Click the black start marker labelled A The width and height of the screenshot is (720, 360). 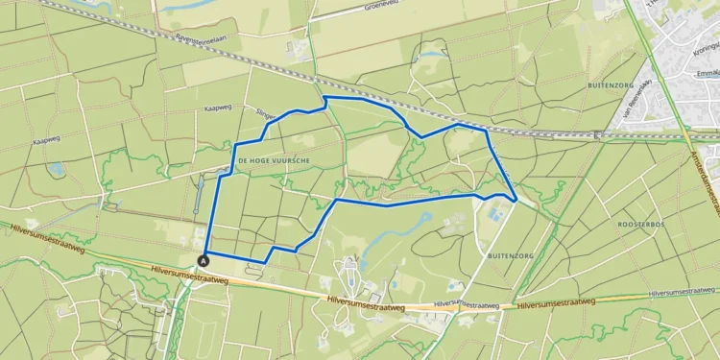coord(204,259)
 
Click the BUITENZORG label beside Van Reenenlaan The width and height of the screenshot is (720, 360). coord(607,86)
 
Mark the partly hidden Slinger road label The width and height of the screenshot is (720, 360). coord(265,114)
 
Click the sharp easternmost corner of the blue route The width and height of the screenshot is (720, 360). coord(517,200)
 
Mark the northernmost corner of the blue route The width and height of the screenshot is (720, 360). coord(325,97)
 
